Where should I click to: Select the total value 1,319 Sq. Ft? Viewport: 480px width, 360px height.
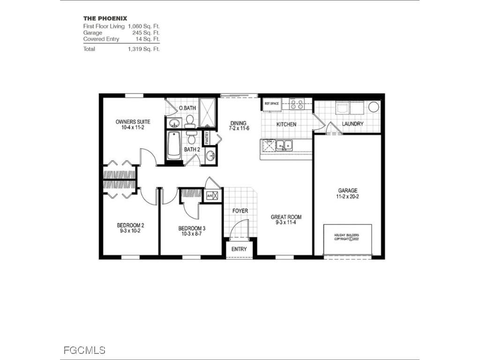(143, 49)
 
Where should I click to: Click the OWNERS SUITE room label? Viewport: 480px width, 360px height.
(133, 122)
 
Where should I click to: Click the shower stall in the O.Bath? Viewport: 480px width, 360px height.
(207, 113)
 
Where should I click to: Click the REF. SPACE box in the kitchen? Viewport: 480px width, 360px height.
(271, 104)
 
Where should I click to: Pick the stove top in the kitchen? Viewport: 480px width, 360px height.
(297, 104)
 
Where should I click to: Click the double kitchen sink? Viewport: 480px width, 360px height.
(284, 145)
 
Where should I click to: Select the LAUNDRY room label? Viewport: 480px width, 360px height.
(353, 124)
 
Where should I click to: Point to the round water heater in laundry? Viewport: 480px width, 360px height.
(373, 106)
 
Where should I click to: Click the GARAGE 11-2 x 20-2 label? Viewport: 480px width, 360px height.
(348, 194)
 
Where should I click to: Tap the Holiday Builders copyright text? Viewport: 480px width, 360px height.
(347, 237)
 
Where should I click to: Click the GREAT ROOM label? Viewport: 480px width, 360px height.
(286, 219)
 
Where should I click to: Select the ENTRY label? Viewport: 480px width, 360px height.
(239, 249)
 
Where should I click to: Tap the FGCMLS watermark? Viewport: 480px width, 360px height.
(84, 350)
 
